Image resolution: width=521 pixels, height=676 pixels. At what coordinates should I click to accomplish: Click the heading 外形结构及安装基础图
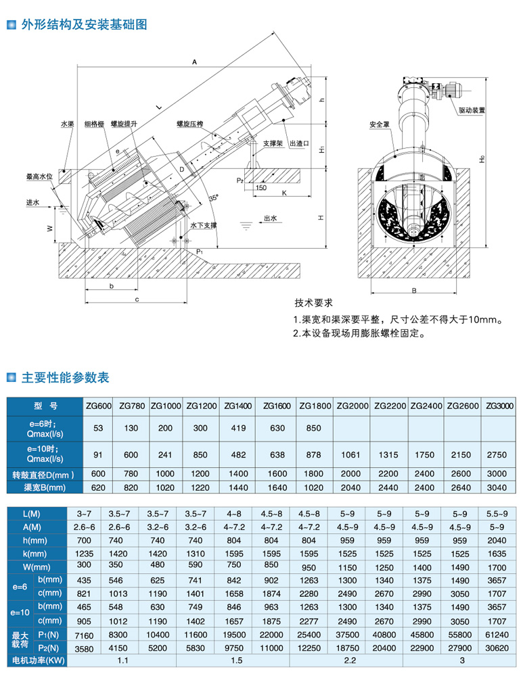pyautogui.click(x=84, y=24)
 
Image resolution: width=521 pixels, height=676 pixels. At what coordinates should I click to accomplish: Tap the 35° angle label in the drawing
pyautogui.click(x=214, y=198)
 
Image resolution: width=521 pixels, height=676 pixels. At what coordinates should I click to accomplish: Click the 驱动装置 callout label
pyautogui.click(x=472, y=110)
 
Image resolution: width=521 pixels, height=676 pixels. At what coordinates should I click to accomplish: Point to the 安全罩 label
pyautogui.click(x=379, y=124)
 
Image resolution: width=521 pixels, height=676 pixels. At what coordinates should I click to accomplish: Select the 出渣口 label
pyautogui.click(x=300, y=143)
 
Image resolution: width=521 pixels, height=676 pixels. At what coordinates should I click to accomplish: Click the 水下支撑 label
pyautogui.click(x=204, y=225)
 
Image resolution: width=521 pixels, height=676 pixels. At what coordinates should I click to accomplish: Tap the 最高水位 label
pyautogui.click(x=39, y=176)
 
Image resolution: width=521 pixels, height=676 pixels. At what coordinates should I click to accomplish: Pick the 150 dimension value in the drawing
pyautogui.click(x=261, y=188)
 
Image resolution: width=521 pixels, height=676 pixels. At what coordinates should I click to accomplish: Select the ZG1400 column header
pyautogui.click(x=238, y=406)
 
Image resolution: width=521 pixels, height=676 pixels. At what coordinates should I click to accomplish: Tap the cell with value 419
pyautogui.click(x=238, y=428)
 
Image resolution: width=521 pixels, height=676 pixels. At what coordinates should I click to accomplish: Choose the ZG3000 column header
pyautogui.click(x=499, y=406)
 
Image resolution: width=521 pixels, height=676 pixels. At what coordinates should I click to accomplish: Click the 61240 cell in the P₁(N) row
pyautogui.click(x=497, y=635)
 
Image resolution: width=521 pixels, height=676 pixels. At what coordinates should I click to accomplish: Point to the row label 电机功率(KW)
pyautogui.click(x=39, y=660)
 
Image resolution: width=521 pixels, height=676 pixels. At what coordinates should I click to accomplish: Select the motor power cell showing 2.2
pyautogui.click(x=350, y=660)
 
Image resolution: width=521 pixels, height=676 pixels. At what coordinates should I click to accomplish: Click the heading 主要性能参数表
pyautogui.click(x=66, y=377)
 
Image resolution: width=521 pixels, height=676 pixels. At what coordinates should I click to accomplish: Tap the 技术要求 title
pyautogui.click(x=313, y=303)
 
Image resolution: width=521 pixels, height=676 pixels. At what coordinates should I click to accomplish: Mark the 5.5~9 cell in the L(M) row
pyautogui.click(x=497, y=514)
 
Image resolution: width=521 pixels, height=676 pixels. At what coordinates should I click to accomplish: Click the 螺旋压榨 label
pyautogui.click(x=189, y=124)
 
